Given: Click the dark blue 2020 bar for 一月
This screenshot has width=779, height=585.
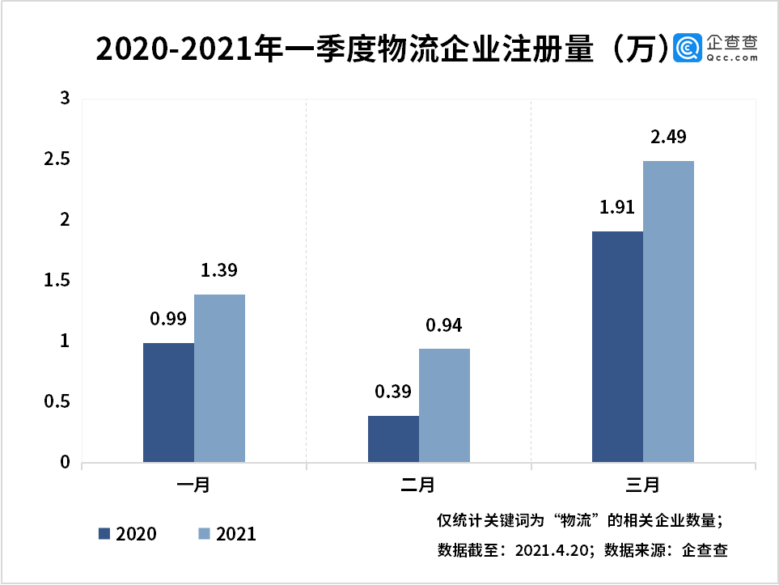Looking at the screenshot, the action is (168, 403).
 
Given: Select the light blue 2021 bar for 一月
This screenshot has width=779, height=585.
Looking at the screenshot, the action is (219, 378).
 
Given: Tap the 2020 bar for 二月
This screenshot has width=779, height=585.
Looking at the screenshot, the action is (393, 439).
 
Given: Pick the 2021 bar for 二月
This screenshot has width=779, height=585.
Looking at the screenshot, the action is (445, 405).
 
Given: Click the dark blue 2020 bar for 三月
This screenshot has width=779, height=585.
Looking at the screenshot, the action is (617, 347).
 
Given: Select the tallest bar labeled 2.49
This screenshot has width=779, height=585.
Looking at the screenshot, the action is (669, 312).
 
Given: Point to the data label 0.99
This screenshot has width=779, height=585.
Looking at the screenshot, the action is (168, 319).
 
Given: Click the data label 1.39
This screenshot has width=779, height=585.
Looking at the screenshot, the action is (219, 270).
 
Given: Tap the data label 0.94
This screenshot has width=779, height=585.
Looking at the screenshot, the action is (444, 325).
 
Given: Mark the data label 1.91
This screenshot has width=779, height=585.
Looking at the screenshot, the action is (617, 207).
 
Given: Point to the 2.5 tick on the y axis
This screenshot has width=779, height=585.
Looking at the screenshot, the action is (57, 159).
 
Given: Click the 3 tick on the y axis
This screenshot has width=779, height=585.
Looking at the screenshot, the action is (65, 99).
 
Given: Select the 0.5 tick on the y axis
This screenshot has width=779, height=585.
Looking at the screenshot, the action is (57, 401).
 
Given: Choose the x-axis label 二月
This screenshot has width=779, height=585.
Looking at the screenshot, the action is (418, 485).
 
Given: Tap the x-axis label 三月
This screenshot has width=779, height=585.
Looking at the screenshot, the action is (642, 485).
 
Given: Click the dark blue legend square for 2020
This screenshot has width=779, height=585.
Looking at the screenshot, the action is (104, 534).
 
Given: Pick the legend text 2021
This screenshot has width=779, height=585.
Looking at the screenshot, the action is (236, 534).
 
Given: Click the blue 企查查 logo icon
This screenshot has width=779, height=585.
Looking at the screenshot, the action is (688, 49).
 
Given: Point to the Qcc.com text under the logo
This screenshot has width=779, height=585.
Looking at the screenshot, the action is (733, 57).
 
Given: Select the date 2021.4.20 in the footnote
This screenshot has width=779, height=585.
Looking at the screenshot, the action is (552, 551).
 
